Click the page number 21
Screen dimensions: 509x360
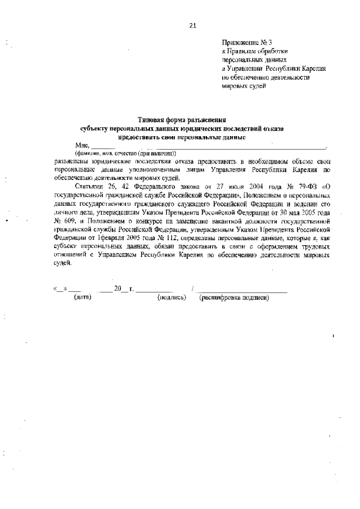(192, 25)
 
